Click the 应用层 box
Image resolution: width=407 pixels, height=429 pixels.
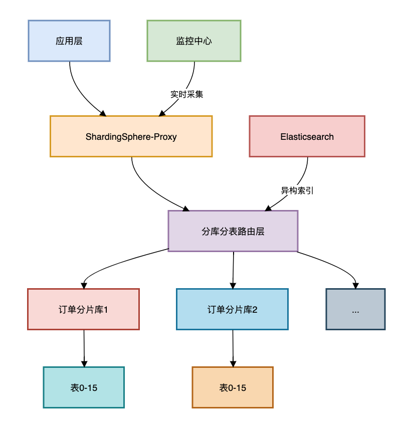click(69, 41)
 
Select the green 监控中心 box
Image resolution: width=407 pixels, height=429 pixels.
click(194, 41)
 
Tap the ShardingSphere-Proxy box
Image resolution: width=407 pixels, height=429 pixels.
click(131, 136)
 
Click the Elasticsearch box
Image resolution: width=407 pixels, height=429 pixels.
click(307, 136)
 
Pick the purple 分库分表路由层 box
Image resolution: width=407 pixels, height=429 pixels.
click(233, 231)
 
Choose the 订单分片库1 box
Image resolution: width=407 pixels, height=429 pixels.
click(83, 309)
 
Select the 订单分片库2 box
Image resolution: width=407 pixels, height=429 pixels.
click(232, 309)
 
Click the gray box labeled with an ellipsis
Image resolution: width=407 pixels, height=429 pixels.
click(355, 309)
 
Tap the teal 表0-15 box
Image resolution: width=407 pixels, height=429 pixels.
click(84, 387)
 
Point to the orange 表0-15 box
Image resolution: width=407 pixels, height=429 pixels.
click(233, 387)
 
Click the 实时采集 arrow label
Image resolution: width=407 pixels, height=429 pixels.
click(187, 94)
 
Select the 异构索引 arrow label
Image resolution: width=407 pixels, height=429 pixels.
click(297, 190)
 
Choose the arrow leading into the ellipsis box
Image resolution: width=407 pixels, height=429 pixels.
click(336, 266)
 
